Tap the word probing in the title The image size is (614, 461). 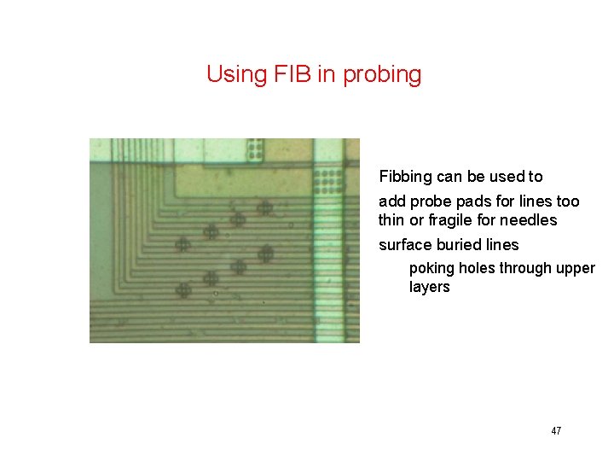[381, 75]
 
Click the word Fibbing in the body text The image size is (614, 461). [405, 177]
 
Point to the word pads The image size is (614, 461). [475, 201]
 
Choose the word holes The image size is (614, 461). [478, 268]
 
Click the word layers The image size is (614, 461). [429, 287]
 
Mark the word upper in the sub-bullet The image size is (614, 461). [576, 268]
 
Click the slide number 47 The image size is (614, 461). [556, 431]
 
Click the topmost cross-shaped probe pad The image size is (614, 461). [264, 207]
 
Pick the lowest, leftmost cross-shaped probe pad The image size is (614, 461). [182, 290]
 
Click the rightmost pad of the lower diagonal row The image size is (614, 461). [265, 253]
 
